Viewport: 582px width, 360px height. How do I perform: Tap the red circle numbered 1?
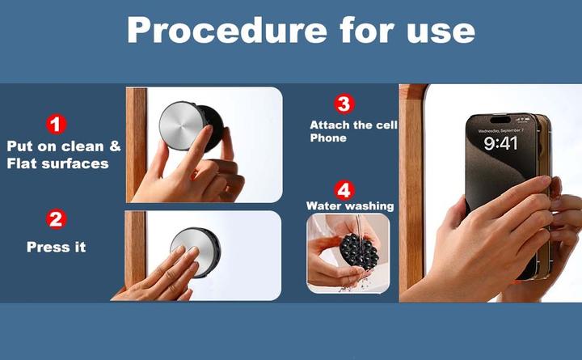57,125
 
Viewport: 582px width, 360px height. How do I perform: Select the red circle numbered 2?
57,219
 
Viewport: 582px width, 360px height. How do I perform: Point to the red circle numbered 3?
344,104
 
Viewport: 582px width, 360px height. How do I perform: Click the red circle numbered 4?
344,190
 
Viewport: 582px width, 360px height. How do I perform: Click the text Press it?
57,247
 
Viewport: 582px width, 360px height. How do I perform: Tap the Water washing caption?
350,205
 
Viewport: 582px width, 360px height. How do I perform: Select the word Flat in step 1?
23,163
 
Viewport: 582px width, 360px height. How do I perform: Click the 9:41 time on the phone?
500,143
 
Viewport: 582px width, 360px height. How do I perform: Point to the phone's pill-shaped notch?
500,120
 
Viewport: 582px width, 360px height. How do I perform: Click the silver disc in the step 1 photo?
182,125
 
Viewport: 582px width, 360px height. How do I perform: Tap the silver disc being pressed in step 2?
193,251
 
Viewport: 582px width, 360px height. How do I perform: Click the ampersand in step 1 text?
115,146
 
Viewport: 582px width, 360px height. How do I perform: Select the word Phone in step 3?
328,138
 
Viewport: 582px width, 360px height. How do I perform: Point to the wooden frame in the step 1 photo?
137,145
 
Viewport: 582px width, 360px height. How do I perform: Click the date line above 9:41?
500,131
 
